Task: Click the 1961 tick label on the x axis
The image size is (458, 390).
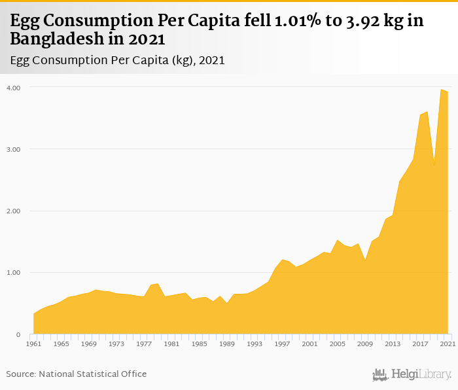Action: (x=33, y=344)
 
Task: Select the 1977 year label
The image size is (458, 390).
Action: (x=143, y=344)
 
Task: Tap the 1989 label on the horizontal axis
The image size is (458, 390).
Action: (x=226, y=344)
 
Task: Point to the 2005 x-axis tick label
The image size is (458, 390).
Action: (x=337, y=344)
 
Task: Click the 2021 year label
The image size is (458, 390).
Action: (x=448, y=344)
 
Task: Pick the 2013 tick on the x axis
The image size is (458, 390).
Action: (x=392, y=344)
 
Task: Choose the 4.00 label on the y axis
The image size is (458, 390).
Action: (x=14, y=88)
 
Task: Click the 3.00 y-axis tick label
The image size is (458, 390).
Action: (x=14, y=149)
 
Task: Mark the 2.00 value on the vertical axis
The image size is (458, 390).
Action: (x=14, y=211)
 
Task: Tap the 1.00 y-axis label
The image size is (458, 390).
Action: (x=14, y=272)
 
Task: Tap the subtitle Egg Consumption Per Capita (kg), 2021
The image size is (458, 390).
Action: (x=118, y=60)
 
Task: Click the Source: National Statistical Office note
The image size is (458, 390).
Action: (x=77, y=374)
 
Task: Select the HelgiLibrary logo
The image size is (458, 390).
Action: (x=412, y=374)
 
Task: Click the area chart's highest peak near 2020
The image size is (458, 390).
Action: (x=441, y=90)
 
